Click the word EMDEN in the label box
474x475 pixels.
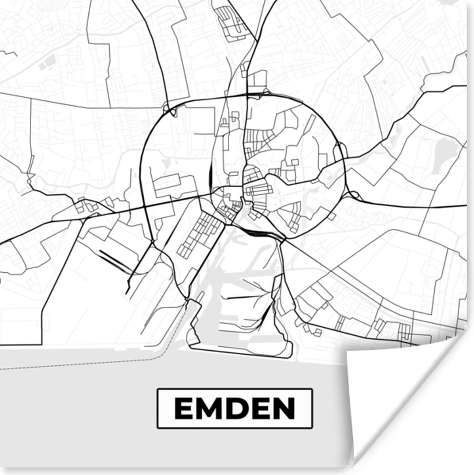235,408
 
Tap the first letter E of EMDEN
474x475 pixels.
183,408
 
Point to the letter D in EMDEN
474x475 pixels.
236,408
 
